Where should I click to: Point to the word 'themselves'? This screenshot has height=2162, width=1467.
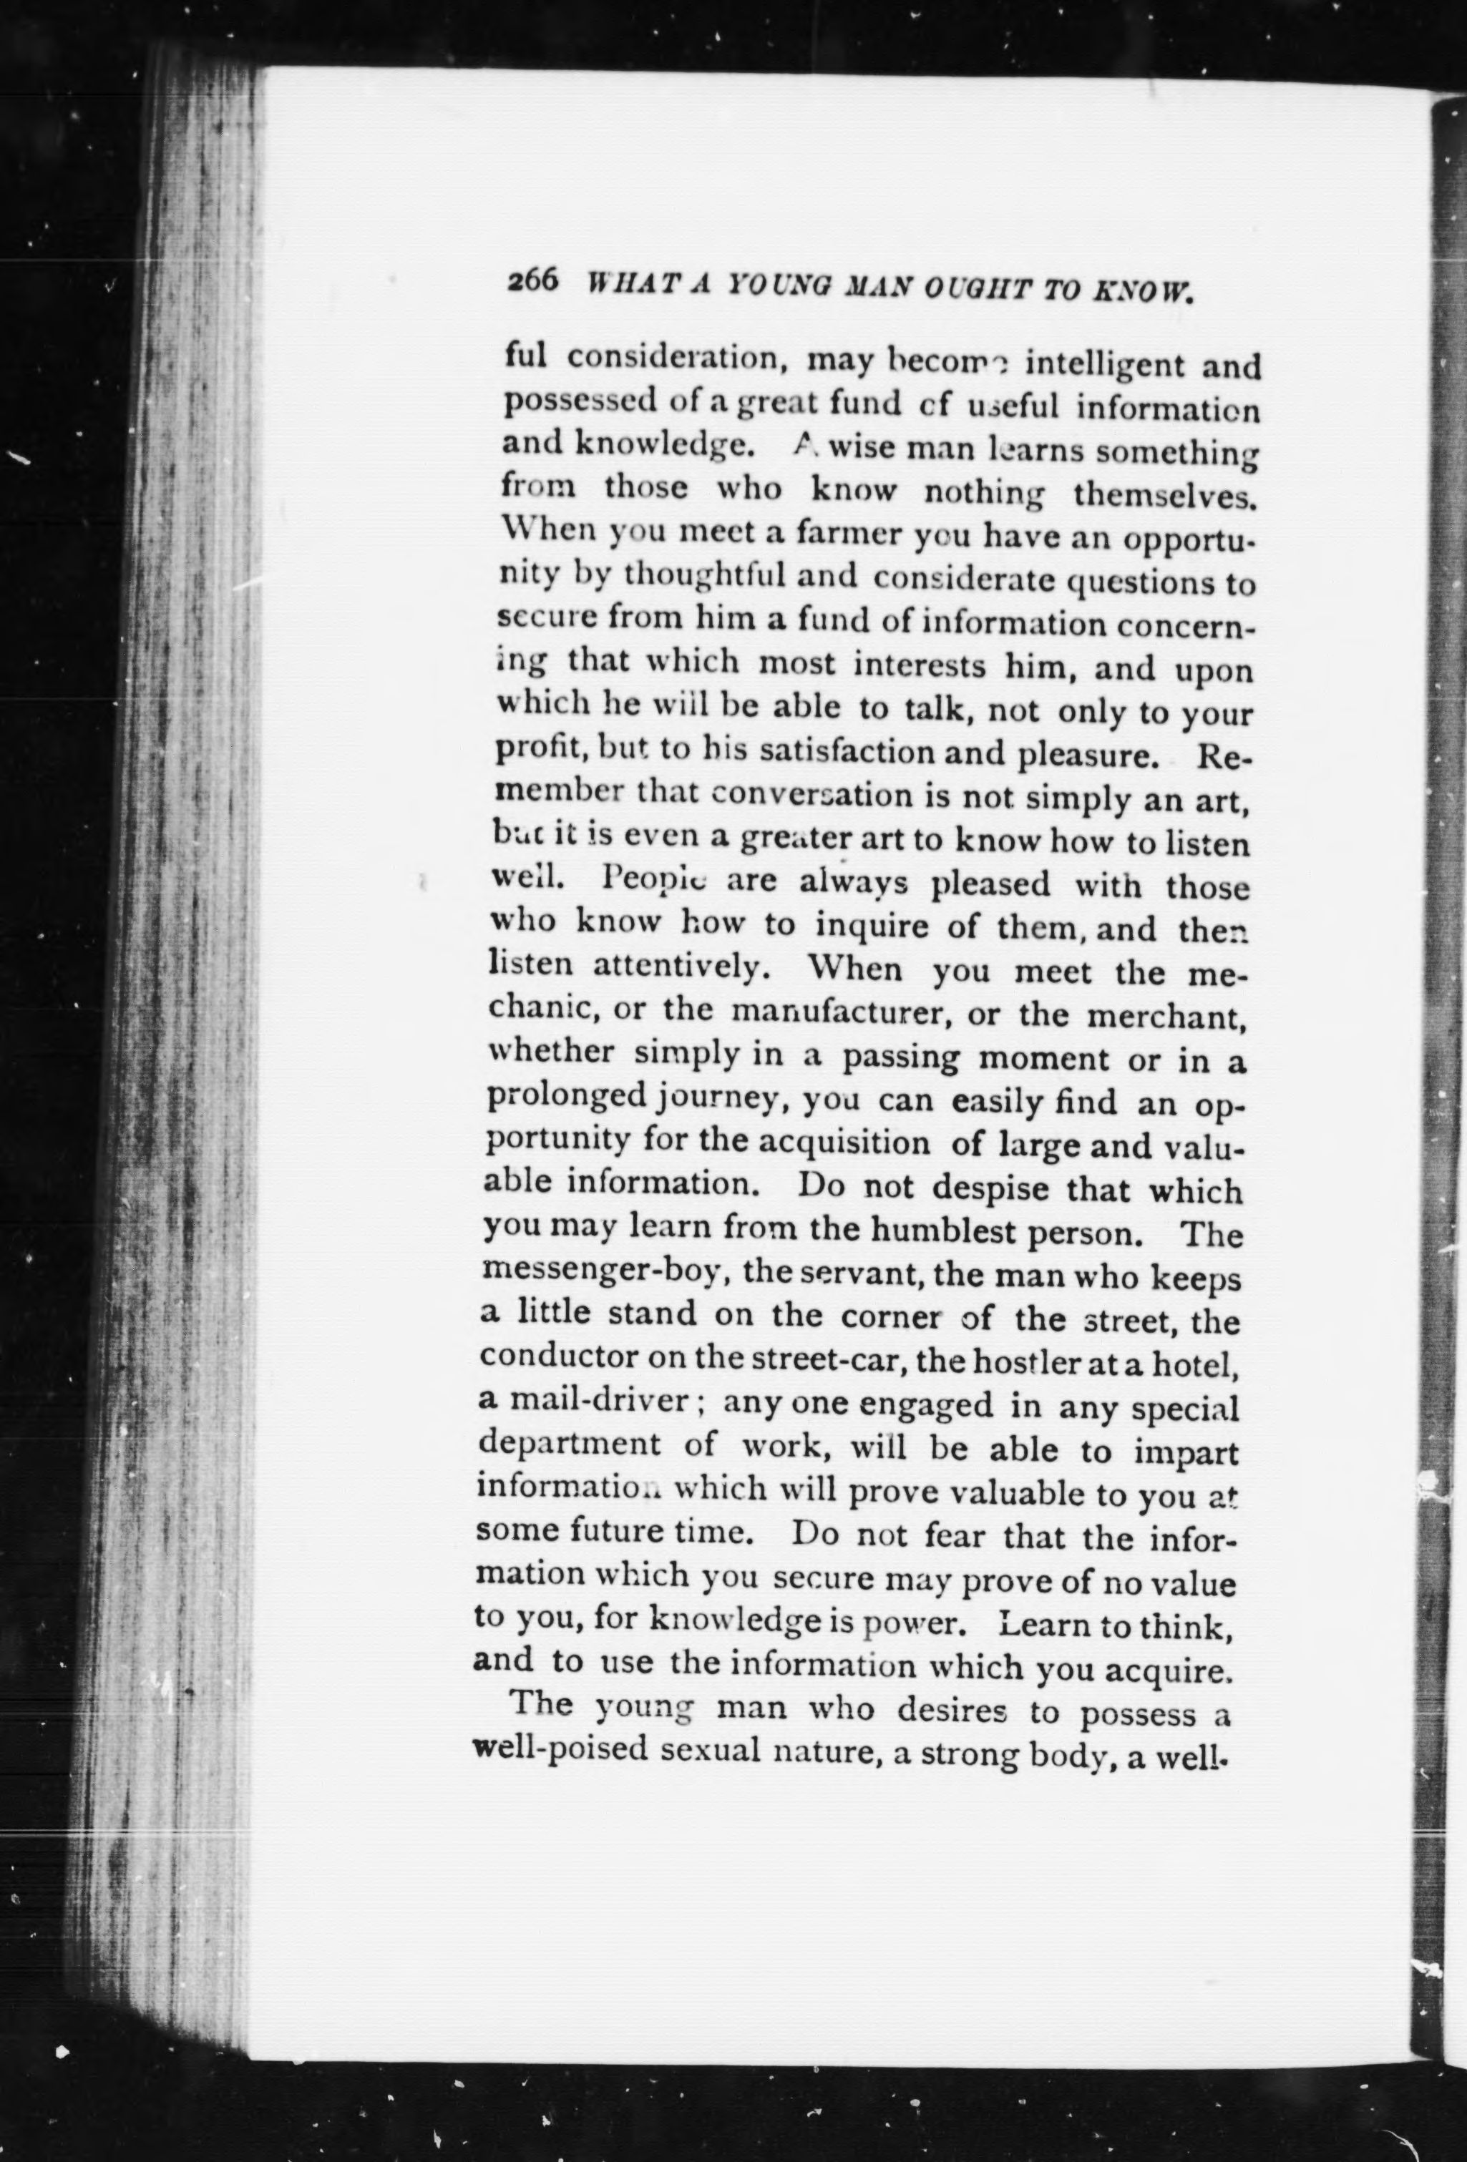pyautogui.click(x=1164, y=493)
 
